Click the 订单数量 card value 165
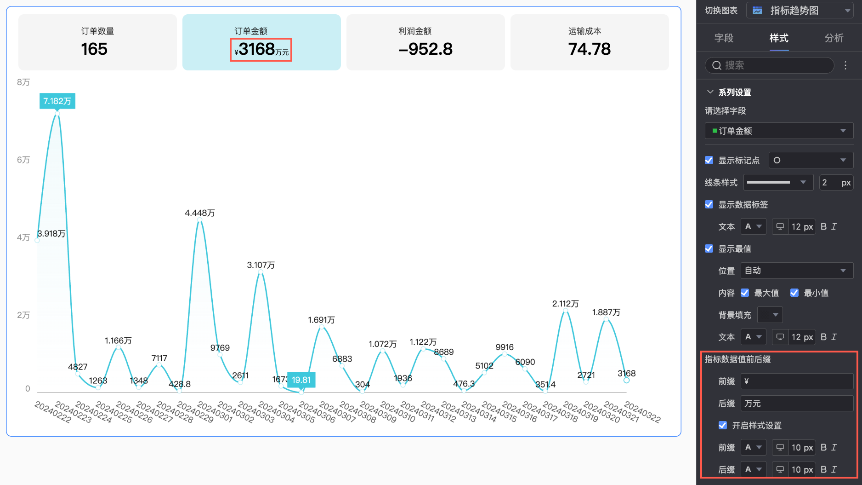click(x=94, y=49)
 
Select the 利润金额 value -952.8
click(x=425, y=49)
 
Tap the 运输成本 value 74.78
click(x=590, y=49)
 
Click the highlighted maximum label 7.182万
click(x=57, y=101)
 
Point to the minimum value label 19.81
click(x=301, y=380)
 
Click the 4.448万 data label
click(x=200, y=213)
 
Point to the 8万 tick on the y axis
click(x=23, y=82)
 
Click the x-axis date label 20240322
click(x=642, y=412)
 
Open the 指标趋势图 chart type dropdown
click(x=800, y=11)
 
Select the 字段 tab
click(x=724, y=38)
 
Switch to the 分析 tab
click(x=834, y=38)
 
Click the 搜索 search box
click(x=770, y=65)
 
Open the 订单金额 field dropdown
click(x=779, y=131)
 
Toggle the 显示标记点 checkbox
click(x=709, y=160)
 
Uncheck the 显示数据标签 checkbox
click(x=709, y=204)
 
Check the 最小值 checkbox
click(x=794, y=293)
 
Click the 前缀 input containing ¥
click(x=797, y=381)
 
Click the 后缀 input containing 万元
click(x=797, y=404)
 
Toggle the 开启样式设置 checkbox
click(x=723, y=425)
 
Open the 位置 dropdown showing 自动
click(x=797, y=271)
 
